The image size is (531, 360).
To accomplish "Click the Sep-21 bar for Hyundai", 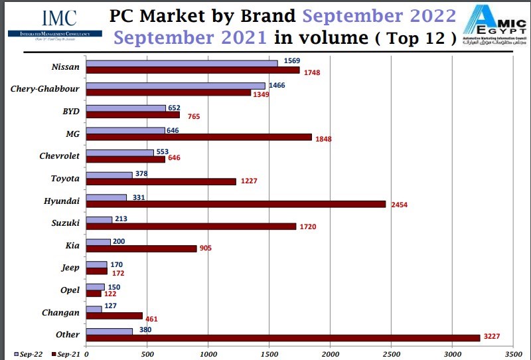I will tap(236, 205).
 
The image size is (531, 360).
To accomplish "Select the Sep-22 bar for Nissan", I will tap(182, 63).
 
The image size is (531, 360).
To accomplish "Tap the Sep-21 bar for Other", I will tap(283, 338).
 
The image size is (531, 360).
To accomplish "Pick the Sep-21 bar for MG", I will tap(199, 137).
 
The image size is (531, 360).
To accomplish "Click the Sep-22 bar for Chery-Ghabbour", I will tap(176, 86).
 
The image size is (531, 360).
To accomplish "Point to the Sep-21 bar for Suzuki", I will tap(191, 226).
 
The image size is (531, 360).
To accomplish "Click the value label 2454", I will tap(399, 205).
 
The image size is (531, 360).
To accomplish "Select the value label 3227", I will tap(493, 338).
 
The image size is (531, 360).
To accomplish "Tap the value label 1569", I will tap(292, 61).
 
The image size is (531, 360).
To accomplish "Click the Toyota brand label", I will tap(65, 178).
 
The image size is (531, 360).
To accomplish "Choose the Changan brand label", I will tap(61, 312).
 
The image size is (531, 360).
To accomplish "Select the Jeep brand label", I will tap(70, 268).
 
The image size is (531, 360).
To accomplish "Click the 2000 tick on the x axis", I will tap(330, 355).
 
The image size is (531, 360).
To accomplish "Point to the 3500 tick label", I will tap(513, 355).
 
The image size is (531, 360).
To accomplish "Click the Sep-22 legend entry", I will tap(28, 355).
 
